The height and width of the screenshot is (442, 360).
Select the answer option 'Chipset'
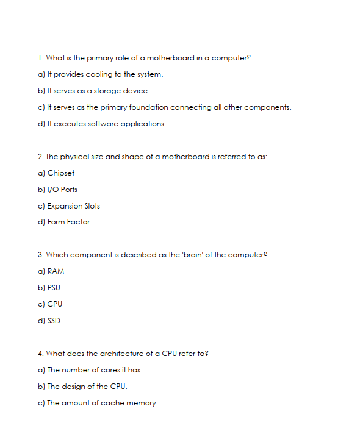click(x=60, y=173)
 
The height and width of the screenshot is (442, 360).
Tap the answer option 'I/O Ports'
click(x=62, y=190)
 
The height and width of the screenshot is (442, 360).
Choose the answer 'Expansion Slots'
click(x=73, y=206)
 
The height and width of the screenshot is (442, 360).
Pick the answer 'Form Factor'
click(x=68, y=222)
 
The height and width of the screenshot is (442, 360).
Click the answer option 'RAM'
click(x=56, y=271)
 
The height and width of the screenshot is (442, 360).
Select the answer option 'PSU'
click(x=54, y=288)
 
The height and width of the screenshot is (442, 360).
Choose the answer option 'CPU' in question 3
click(x=54, y=304)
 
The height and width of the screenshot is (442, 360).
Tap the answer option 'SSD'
click(x=54, y=321)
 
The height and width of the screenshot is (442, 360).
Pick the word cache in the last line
click(x=112, y=403)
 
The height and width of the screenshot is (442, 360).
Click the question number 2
click(x=40, y=157)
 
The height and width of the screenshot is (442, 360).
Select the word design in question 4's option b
click(x=73, y=387)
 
